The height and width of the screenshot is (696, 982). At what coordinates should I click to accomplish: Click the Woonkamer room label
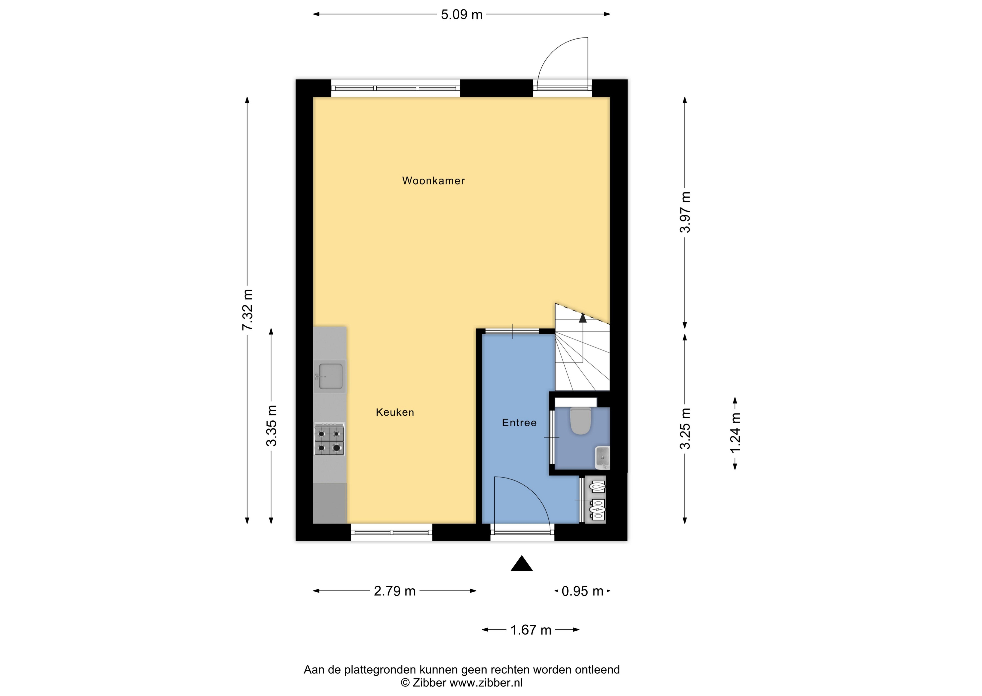click(x=433, y=181)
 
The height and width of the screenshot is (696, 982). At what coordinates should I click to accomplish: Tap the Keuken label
click(x=395, y=412)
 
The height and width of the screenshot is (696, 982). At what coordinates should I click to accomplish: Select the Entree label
click(x=519, y=423)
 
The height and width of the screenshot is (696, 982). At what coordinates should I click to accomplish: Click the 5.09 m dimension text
click(x=462, y=15)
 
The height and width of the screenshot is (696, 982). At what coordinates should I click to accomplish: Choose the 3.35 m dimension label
click(x=271, y=426)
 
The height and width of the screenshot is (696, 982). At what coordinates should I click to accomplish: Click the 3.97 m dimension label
click(x=685, y=212)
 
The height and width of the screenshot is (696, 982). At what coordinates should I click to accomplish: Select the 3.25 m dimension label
click(x=685, y=428)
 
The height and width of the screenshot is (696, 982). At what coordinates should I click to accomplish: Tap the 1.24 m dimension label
click(x=736, y=433)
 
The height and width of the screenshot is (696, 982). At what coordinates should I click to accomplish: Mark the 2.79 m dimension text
click(x=394, y=591)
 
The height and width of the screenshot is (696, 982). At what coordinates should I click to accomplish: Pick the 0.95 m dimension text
click(x=582, y=591)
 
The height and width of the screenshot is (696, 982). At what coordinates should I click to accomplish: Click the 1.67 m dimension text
click(x=531, y=630)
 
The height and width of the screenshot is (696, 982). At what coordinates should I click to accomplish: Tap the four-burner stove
click(x=329, y=439)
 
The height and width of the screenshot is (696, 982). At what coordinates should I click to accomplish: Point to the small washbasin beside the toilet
click(x=602, y=457)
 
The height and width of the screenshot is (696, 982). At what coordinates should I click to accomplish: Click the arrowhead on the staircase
click(x=582, y=318)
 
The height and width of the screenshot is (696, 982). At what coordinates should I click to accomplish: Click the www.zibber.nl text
click(x=486, y=683)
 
